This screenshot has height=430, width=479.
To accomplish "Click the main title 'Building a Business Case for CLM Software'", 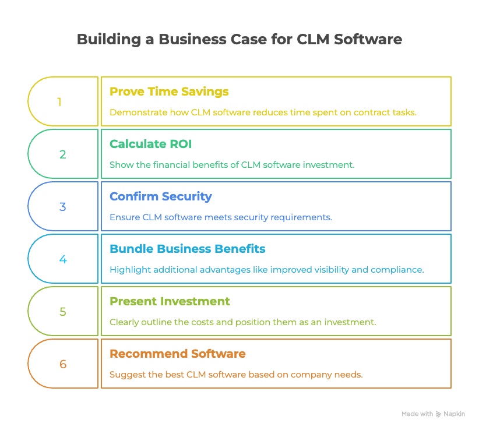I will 239,40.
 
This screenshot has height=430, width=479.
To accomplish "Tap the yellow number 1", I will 59,102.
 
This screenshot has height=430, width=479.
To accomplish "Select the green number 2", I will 62,154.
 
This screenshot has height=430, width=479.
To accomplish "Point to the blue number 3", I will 62,207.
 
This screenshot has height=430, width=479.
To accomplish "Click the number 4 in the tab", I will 62,259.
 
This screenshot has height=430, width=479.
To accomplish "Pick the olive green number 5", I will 62,312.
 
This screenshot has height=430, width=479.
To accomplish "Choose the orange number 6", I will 62,364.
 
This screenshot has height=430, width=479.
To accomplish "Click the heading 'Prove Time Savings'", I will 169,91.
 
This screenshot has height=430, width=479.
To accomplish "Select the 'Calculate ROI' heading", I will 151,144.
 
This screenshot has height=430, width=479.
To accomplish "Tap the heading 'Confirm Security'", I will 160,196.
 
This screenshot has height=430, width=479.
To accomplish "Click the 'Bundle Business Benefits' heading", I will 187,249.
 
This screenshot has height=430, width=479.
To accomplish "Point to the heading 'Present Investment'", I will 170,301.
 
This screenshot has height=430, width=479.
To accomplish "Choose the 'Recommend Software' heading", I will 177,354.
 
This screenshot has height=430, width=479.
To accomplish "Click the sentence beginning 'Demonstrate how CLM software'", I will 263,112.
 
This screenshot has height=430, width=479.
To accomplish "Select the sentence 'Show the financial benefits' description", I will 231,165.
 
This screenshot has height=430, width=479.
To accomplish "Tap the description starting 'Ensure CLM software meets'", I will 220,217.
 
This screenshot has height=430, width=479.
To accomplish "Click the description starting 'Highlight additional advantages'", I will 267,270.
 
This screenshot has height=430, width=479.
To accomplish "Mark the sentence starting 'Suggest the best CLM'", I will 236,375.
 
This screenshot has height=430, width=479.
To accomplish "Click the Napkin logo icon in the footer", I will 438,414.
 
